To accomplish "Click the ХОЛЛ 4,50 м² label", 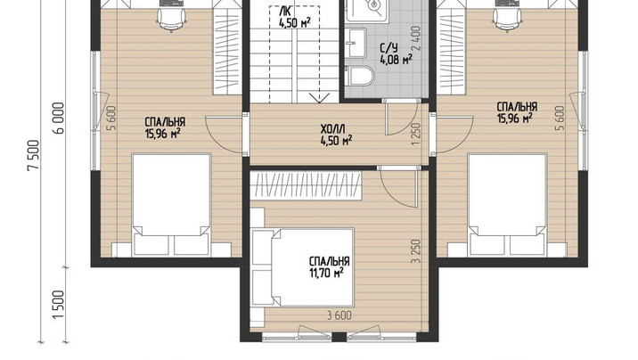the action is coord(336,135).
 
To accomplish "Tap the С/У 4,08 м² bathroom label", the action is coord(396,54).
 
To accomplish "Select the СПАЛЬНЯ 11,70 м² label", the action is coord(329,266).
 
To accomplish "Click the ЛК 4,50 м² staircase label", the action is coord(295,18).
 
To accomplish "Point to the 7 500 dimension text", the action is coord(33,155).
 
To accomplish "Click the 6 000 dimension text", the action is coord(59,119).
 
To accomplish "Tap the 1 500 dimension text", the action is coord(59,305).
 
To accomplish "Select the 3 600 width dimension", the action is coord(339,315).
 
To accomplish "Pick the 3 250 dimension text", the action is coord(415,251).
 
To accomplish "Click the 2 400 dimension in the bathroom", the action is coord(416,38).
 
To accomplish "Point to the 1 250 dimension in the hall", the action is coord(415,135).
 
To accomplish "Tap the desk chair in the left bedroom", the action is coord(171,20).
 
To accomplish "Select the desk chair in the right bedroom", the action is coord(507,20).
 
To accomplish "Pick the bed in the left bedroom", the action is coord(171,205).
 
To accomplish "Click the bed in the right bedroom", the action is coord(507,205).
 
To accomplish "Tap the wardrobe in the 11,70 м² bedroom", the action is coord(306,186).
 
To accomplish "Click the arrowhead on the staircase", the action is coord(319,98).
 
